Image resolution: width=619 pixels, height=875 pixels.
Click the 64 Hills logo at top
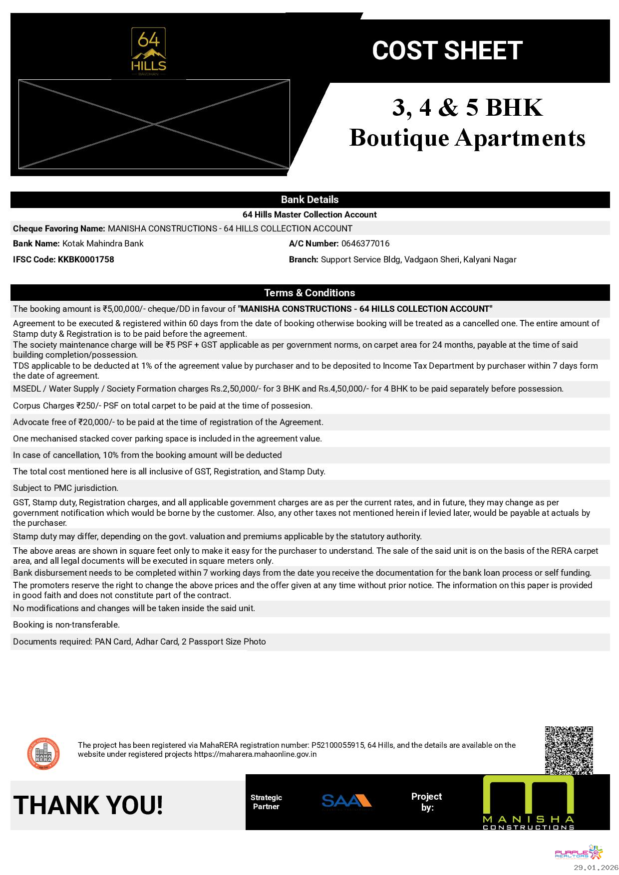pos(148,52)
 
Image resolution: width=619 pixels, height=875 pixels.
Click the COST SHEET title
pos(447,51)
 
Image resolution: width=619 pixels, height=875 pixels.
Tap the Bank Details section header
pos(309,200)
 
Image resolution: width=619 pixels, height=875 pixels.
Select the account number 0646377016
pos(365,243)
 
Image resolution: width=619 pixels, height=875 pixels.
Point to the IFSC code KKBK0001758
pos(86,259)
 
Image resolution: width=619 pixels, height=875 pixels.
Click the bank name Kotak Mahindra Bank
pos(103,243)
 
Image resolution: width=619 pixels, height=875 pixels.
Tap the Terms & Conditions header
pos(309,293)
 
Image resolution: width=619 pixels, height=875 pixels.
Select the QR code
pos(569,750)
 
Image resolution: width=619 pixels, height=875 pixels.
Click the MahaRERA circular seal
pos(43,753)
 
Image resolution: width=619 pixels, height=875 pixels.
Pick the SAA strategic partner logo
pos(347,802)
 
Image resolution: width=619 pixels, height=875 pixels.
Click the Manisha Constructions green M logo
pos(528,802)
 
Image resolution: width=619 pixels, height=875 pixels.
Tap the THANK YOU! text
pos(88,806)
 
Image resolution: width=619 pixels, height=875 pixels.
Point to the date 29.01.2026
pos(595,868)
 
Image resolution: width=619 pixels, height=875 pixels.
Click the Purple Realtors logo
pos(579,853)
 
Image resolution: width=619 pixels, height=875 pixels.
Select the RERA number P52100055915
pos(337,745)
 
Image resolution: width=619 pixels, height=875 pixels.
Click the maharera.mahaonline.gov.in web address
pos(255,754)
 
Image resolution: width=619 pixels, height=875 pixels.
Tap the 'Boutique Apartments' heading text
pos(467,138)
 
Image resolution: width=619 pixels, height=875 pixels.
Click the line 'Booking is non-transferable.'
pos(66,625)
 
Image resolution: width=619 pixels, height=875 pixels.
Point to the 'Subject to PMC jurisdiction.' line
pos(65,488)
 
